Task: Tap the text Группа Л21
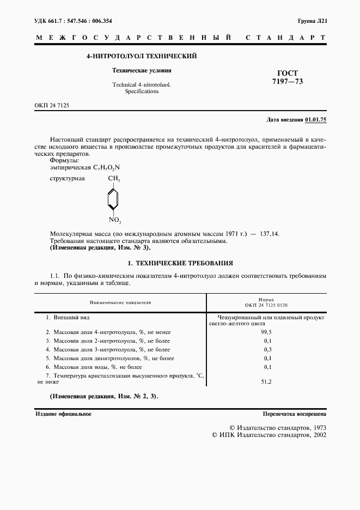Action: [312, 21]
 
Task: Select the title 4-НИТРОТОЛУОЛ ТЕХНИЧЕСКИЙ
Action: [142, 56]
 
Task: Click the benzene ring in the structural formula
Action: [112, 199]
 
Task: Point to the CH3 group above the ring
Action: [114, 179]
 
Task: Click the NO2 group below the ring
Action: [114, 220]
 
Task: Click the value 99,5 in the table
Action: [267, 331]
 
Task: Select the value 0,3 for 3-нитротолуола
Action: [267, 349]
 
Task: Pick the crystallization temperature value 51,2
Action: [267, 382]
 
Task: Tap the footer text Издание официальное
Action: [63, 414]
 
